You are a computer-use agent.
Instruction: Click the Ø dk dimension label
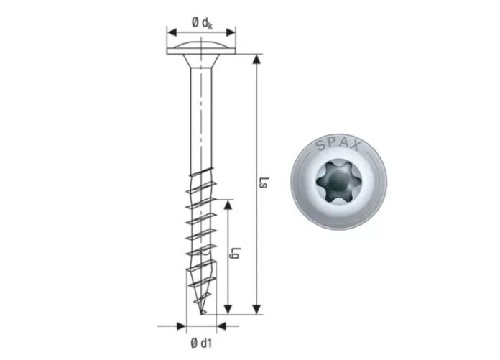click(x=202, y=23)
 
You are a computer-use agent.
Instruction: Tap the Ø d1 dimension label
click(x=201, y=343)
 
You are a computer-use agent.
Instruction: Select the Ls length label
click(x=264, y=183)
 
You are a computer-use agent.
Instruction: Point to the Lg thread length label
click(x=236, y=253)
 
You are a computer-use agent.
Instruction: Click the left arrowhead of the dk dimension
click(x=172, y=32)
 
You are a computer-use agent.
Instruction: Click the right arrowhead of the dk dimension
click(x=231, y=32)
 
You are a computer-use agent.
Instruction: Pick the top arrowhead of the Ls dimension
click(x=256, y=60)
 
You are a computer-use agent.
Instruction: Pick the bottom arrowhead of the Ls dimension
click(x=256, y=309)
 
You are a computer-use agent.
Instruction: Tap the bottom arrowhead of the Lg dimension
click(x=228, y=309)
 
